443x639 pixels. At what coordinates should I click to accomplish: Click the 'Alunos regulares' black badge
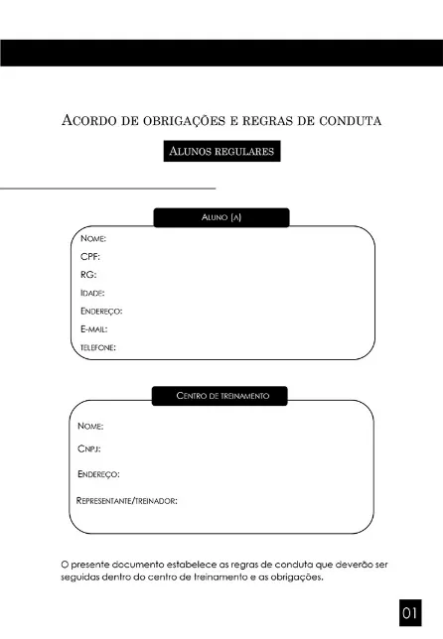[x=221, y=152]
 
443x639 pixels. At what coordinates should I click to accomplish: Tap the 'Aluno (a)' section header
[x=221, y=217]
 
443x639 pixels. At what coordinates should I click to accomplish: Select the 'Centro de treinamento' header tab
[x=221, y=396]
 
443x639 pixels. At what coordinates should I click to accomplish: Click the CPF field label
[x=90, y=256]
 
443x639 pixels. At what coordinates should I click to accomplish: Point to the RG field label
[x=88, y=274]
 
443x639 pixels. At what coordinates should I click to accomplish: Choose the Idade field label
[x=92, y=293]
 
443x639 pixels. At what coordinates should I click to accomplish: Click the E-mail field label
[x=93, y=328]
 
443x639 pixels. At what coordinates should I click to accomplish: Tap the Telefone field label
[x=98, y=347]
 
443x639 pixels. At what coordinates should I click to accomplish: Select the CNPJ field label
[x=89, y=449]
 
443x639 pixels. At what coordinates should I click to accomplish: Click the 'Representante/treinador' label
[x=127, y=500]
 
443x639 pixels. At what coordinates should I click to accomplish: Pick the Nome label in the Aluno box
[x=93, y=238]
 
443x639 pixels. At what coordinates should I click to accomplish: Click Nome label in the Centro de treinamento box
[x=90, y=426]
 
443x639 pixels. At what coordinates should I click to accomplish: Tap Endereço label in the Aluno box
[x=101, y=311]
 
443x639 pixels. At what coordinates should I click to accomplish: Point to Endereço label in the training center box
[x=98, y=474]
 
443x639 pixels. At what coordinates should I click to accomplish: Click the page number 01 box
[x=411, y=614]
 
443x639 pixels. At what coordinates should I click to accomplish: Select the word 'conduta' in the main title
[x=350, y=121]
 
